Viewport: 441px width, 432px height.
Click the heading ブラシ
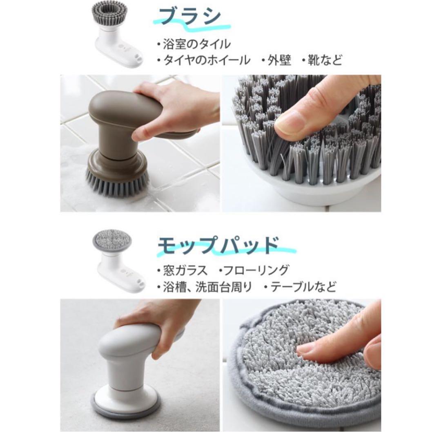(190, 17)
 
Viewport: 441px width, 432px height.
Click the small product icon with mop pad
(118, 261)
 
